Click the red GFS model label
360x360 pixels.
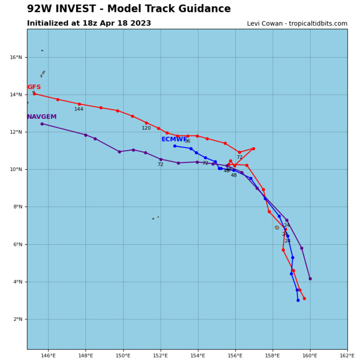tap(34, 87)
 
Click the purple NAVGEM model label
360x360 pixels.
tap(42, 117)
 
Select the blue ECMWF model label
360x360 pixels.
tap(174, 139)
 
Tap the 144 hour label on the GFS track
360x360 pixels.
tap(79, 109)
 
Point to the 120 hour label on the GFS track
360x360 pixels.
tap(147, 128)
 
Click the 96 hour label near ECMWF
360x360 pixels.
tap(187, 141)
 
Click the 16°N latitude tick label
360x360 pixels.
tap(17, 58)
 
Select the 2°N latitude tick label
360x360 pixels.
tap(19, 319)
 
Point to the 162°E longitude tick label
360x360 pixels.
tap(347, 355)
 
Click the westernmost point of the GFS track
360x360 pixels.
tap(34, 94)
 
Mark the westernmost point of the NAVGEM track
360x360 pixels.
tap(42, 123)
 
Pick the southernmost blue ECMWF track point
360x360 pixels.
tap(298, 300)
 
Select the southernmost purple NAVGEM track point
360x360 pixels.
tap(310, 279)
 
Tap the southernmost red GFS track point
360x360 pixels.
tap(304, 298)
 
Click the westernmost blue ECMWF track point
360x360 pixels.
tap(175, 146)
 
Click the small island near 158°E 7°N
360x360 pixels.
tap(277, 227)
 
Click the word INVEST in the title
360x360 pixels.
tap(86, 9)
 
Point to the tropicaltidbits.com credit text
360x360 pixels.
tap(297, 24)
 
